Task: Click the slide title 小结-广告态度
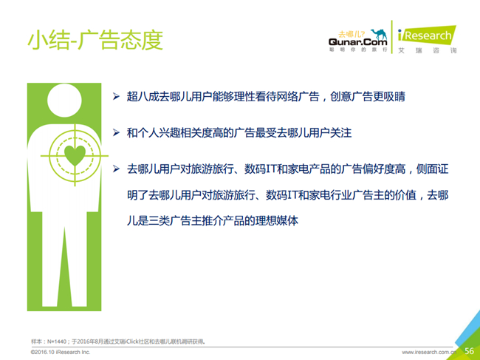[x=95, y=40]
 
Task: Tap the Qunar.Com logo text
[x=358, y=41]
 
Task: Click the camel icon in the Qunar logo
[x=379, y=34]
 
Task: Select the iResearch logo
[x=427, y=35]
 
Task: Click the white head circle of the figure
[x=64, y=101]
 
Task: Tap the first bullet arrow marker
[x=116, y=97]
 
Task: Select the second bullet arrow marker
[x=116, y=132]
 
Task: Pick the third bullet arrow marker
[x=116, y=169]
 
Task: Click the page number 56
[x=469, y=351]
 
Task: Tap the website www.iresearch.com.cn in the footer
[x=429, y=353]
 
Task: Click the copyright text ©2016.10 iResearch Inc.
[x=61, y=352]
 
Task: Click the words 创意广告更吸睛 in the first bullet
[x=368, y=97]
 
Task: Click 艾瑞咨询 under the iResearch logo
[x=428, y=50]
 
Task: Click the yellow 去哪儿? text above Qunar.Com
[x=352, y=34]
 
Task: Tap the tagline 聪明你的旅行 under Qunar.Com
[x=358, y=50]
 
